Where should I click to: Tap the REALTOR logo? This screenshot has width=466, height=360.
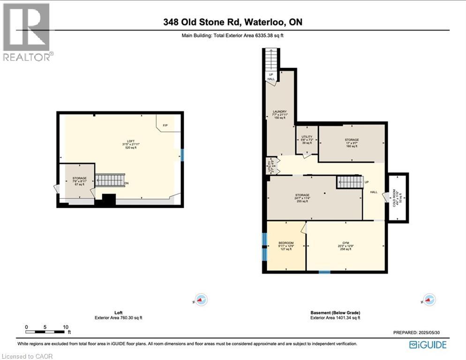click(27, 32)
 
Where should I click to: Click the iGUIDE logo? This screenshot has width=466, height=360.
click(427, 345)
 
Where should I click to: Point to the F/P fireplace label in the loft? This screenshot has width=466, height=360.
click(165, 126)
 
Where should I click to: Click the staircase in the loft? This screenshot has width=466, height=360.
click(110, 180)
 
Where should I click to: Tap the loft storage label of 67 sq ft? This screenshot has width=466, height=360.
click(79, 181)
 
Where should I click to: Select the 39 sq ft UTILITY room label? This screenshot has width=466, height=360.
click(307, 140)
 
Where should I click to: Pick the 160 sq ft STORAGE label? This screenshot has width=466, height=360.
click(352, 142)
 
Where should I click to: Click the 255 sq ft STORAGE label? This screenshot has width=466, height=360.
click(302, 198)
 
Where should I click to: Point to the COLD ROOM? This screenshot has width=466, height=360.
click(398, 197)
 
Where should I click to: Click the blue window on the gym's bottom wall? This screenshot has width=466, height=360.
click(324, 271)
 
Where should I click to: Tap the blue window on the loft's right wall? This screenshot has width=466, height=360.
click(182, 155)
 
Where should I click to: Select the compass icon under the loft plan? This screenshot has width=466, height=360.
click(201, 300)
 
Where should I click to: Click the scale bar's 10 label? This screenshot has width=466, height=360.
click(66, 327)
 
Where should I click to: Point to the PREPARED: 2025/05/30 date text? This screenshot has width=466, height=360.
click(416, 332)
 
